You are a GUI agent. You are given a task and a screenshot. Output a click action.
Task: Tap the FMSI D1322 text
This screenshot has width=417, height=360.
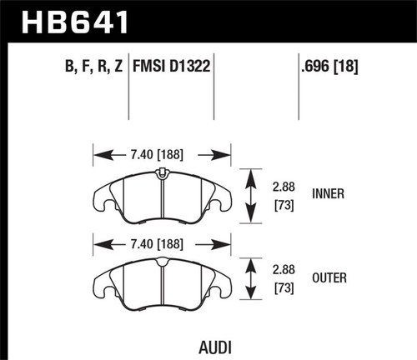[x=171, y=61]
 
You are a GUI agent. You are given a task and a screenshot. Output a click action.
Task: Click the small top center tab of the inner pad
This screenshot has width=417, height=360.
[x=160, y=172]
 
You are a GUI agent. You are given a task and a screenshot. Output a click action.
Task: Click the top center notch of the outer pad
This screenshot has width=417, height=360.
[x=160, y=262]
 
